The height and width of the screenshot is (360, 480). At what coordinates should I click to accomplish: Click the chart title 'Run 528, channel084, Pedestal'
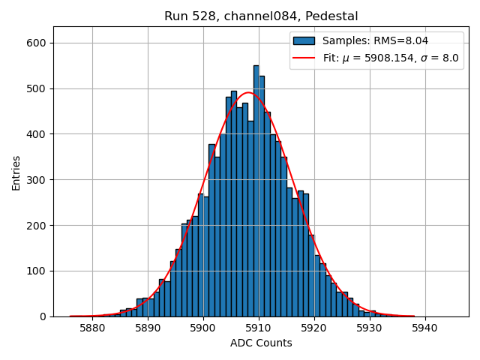[261, 16]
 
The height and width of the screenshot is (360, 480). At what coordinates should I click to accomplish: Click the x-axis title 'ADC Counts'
[261, 343]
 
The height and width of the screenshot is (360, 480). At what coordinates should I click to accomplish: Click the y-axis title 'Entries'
[16, 172]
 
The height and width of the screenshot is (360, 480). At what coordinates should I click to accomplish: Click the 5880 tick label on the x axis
[92, 328]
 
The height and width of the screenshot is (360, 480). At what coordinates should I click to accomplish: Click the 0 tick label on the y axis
[43, 316]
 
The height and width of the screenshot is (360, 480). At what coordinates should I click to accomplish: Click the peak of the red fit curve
[248, 92]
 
